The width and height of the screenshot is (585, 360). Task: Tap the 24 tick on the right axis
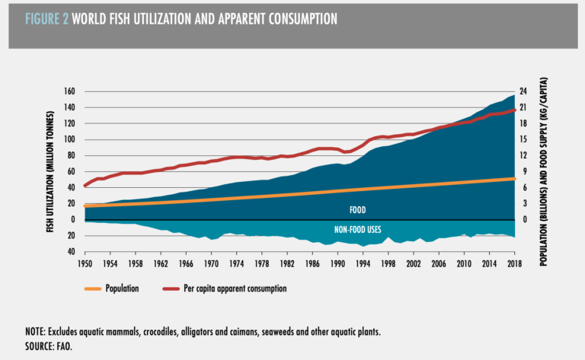[523, 92]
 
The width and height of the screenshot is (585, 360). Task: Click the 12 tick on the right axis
[523, 156]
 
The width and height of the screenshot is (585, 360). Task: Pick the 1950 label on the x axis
[85, 263]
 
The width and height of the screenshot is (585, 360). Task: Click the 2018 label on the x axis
[515, 263]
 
